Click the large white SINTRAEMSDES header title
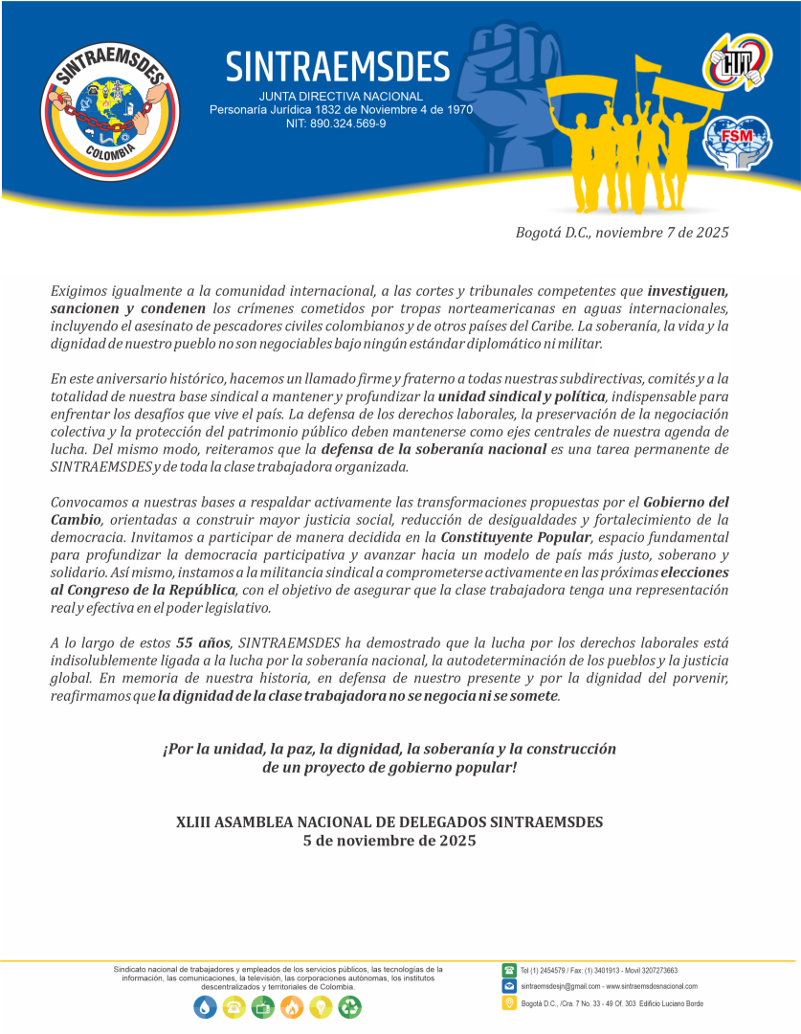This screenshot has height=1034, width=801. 337,66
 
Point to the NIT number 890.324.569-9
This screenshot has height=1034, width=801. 336,124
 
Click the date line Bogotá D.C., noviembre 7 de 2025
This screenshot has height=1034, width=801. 622,233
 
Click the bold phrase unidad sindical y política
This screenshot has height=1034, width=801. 522,395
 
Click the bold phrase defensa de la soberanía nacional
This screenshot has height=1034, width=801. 434,449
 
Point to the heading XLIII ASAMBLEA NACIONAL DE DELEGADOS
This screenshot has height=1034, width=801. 389,821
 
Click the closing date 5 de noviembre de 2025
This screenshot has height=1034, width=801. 389,841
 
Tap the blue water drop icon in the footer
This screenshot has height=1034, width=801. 205,1006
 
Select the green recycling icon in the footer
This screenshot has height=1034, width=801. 350,1006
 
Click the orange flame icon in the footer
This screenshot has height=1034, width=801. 292,1006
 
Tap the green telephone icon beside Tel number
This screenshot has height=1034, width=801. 509,970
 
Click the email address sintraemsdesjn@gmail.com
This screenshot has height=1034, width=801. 561,986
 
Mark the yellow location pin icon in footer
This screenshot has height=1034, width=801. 509,1002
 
